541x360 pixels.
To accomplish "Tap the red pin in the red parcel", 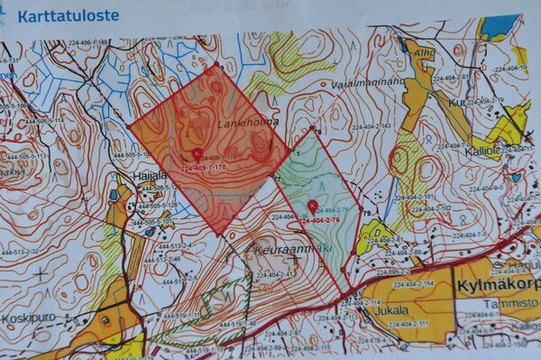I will tap(197, 154).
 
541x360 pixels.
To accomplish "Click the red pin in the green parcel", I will tap(312, 206).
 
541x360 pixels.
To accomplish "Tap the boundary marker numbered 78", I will tap(317, 131).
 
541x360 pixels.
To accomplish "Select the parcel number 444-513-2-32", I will tap(21, 250).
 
